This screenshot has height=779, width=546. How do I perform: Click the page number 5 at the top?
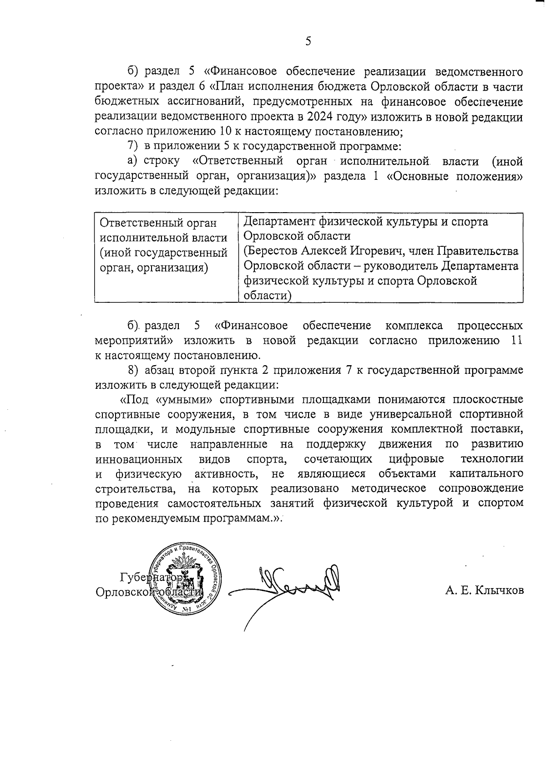(308, 42)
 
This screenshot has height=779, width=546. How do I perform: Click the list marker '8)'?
(132, 370)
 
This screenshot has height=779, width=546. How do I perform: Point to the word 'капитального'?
(486, 474)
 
